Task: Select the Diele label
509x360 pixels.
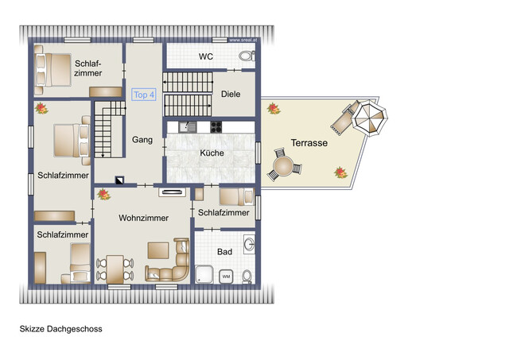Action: pyautogui.click(x=231, y=94)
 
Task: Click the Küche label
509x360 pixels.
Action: pyautogui.click(x=212, y=153)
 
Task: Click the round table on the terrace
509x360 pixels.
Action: pyautogui.click(x=284, y=168)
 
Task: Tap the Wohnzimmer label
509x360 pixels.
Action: pyautogui.click(x=144, y=218)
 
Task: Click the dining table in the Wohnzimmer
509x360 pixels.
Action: pyautogui.click(x=115, y=267)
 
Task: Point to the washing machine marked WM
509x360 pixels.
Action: pyautogui.click(x=226, y=276)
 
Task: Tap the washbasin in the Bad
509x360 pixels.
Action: pyautogui.click(x=249, y=243)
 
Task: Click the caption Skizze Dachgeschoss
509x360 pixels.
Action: pyautogui.click(x=61, y=328)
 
